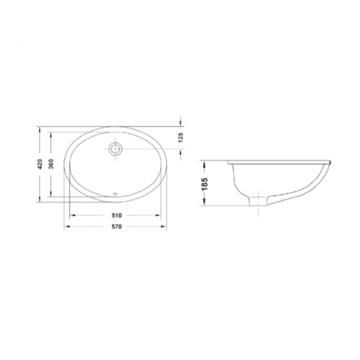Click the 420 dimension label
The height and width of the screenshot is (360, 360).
[40, 164]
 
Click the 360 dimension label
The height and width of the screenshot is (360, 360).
[51, 164]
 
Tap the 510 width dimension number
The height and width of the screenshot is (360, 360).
[116, 215]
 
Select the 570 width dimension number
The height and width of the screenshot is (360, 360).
[116, 227]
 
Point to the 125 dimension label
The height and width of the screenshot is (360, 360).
[181, 138]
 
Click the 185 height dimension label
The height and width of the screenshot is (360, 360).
[204, 184]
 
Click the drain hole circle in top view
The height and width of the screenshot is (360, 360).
[115, 148]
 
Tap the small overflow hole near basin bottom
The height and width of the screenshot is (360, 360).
[115, 194]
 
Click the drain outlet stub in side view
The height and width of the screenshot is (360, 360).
[258, 201]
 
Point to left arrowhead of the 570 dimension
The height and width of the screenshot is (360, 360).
[67, 227]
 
